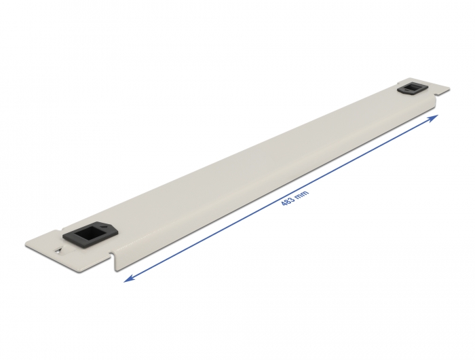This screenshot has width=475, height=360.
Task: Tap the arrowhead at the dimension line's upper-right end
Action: pyautogui.click(x=436, y=117)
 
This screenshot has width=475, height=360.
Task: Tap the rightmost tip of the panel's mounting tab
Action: pyautogui.click(x=450, y=88)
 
